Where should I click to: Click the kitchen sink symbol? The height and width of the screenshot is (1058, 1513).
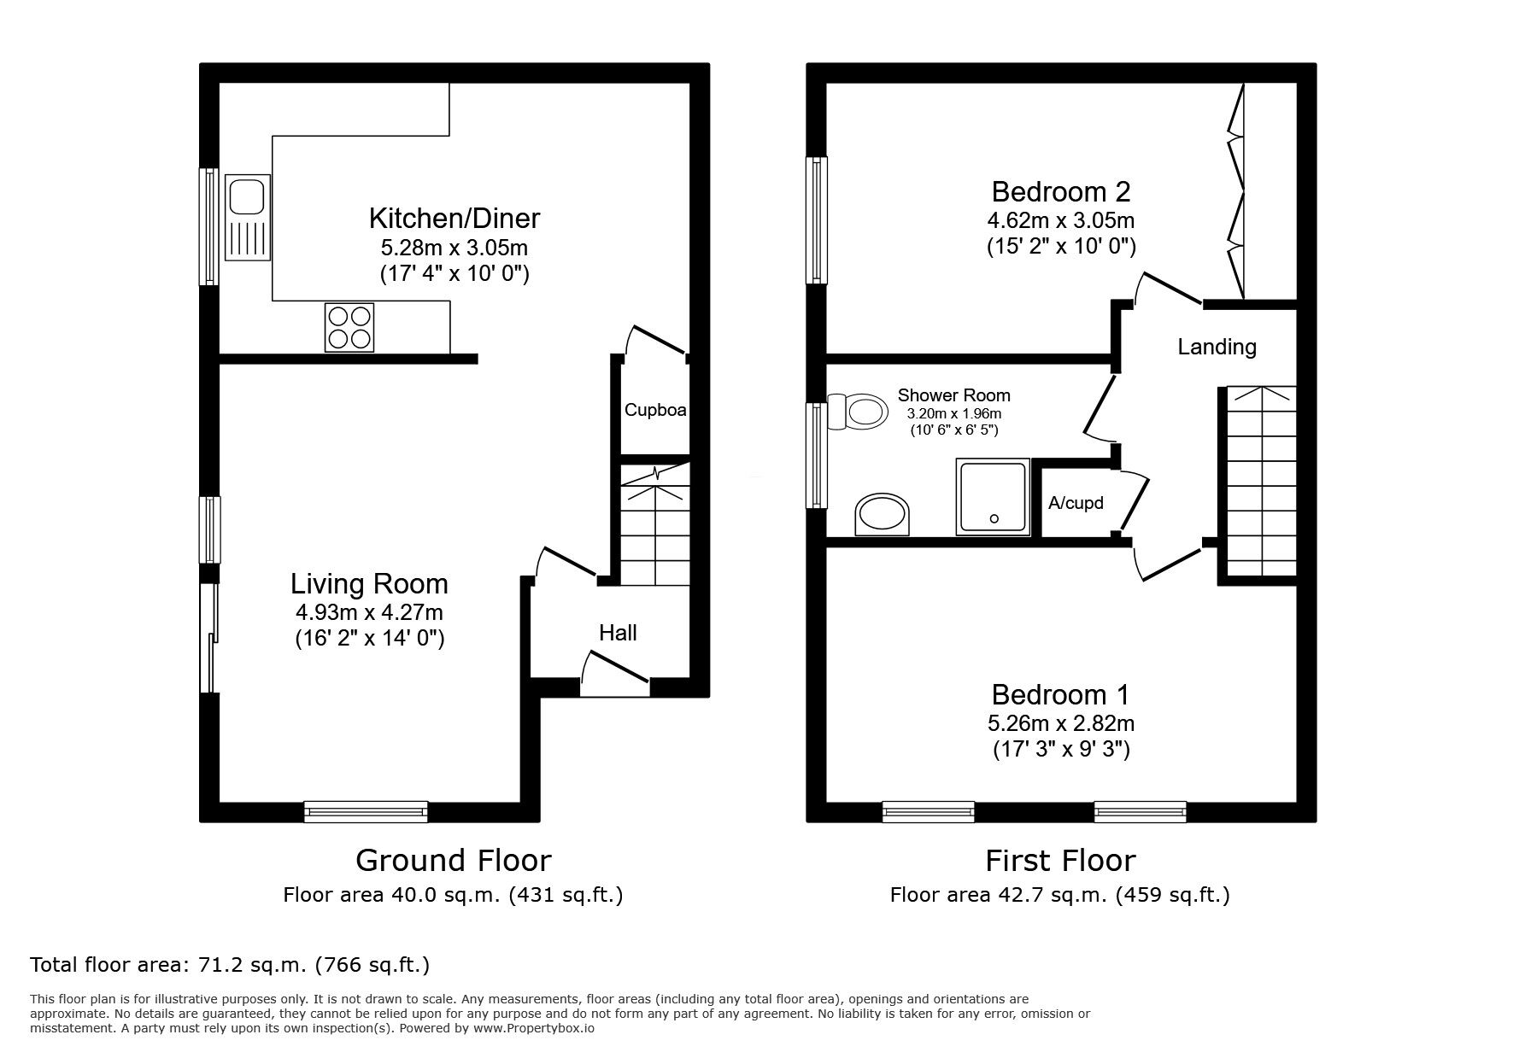[x=247, y=217]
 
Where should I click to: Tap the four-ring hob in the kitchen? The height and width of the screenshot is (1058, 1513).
[x=349, y=327]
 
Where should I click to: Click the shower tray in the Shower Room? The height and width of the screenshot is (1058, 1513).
[x=993, y=497]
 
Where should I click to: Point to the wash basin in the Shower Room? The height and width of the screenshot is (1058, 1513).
[x=883, y=514]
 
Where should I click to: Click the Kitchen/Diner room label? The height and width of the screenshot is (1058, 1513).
[x=454, y=219]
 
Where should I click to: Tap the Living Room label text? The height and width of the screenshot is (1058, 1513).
[x=369, y=584]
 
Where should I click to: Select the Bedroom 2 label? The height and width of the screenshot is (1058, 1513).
[x=1060, y=191]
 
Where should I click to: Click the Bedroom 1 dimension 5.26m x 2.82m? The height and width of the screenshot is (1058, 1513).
[x=1060, y=723]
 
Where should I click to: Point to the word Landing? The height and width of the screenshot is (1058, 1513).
[x=1217, y=347]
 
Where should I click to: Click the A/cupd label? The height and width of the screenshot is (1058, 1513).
[x=1076, y=503]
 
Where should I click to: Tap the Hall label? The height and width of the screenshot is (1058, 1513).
[x=618, y=633]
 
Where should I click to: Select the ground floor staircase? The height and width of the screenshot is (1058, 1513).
[x=654, y=525]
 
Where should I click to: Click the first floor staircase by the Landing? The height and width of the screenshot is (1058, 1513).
[x=1261, y=482]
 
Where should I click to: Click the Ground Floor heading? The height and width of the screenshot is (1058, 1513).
[x=453, y=860]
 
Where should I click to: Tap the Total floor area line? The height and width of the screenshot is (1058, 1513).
[x=230, y=965]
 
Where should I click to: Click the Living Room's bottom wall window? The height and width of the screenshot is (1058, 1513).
[x=367, y=811]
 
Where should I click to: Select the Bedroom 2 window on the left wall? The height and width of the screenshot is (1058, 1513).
[x=818, y=219]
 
